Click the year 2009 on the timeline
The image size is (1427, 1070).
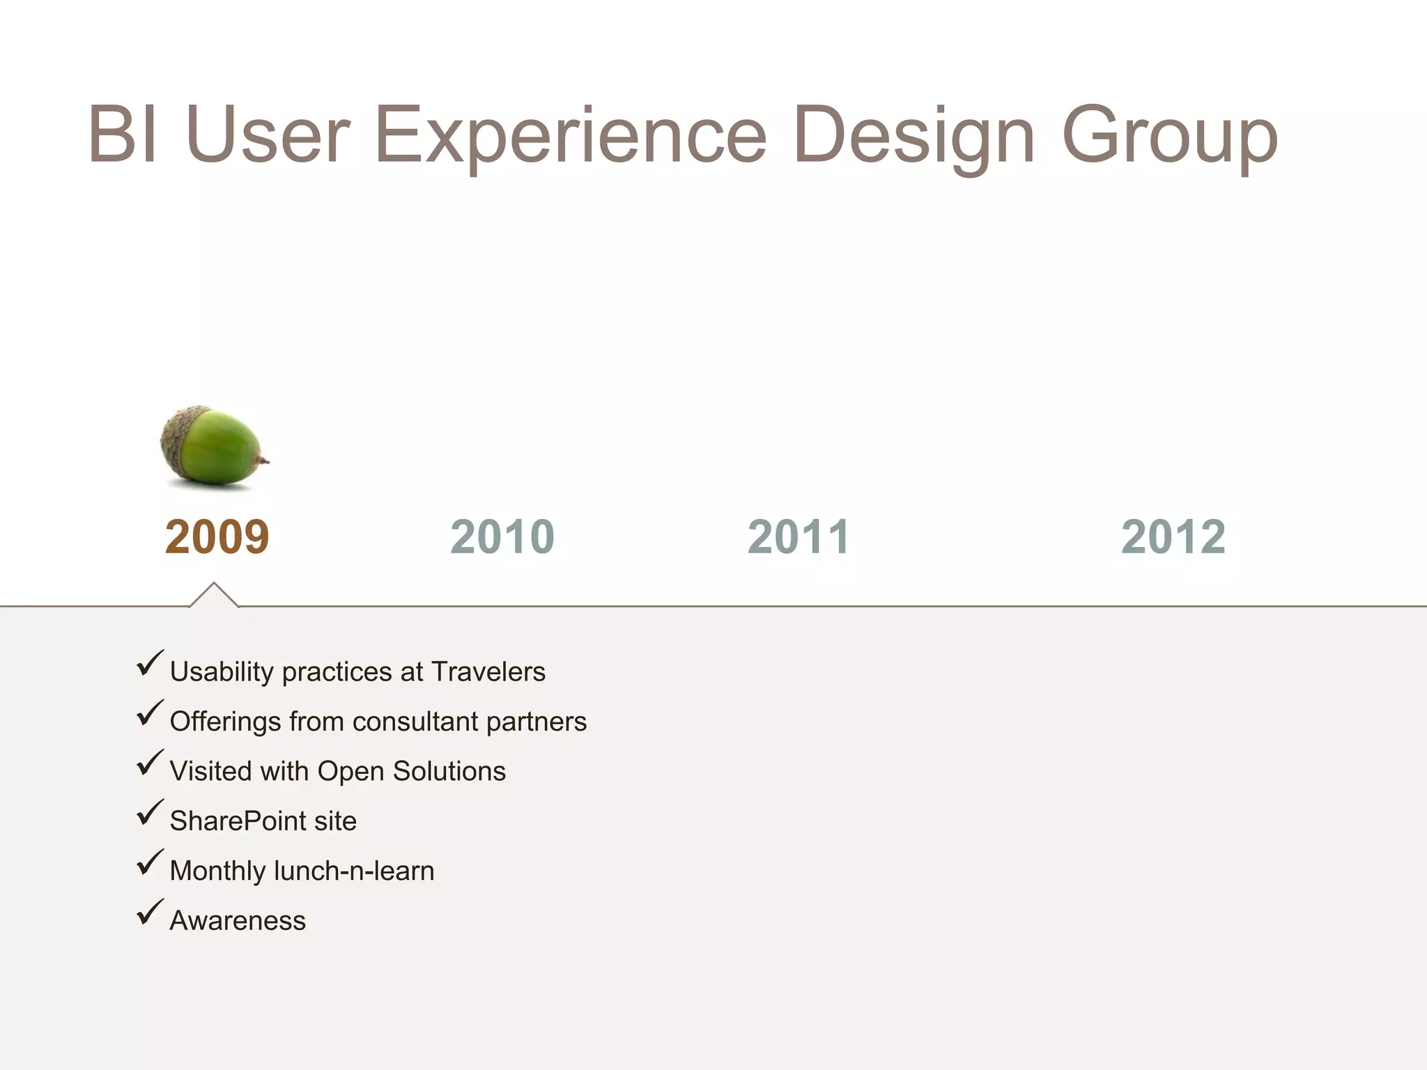[x=217, y=537]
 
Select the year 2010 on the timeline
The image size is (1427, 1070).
[x=502, y=537]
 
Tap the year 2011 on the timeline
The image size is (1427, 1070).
[x=799, y=537]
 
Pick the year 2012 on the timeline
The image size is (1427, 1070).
[x=1173, y=537]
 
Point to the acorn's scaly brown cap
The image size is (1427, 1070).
[x=177, y=439]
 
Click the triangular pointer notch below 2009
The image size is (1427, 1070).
[x=214, y=595]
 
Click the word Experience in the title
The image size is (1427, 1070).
[x=570, y=135]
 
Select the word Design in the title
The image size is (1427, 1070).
[x=913, y=135]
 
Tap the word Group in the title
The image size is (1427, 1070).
[x=1169, y=135]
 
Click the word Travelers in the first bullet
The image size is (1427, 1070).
[x=488, y=672]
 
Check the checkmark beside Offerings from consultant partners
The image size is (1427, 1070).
[x=149, y=714]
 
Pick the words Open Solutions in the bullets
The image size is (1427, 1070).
[x=411, y=771]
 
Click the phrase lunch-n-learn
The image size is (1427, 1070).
[x=354, y=871]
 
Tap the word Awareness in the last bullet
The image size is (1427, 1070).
[x=238, y=921]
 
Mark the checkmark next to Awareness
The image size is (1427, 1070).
[x=149, y=913]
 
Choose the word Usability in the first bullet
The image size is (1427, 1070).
[x=222, y=672]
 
